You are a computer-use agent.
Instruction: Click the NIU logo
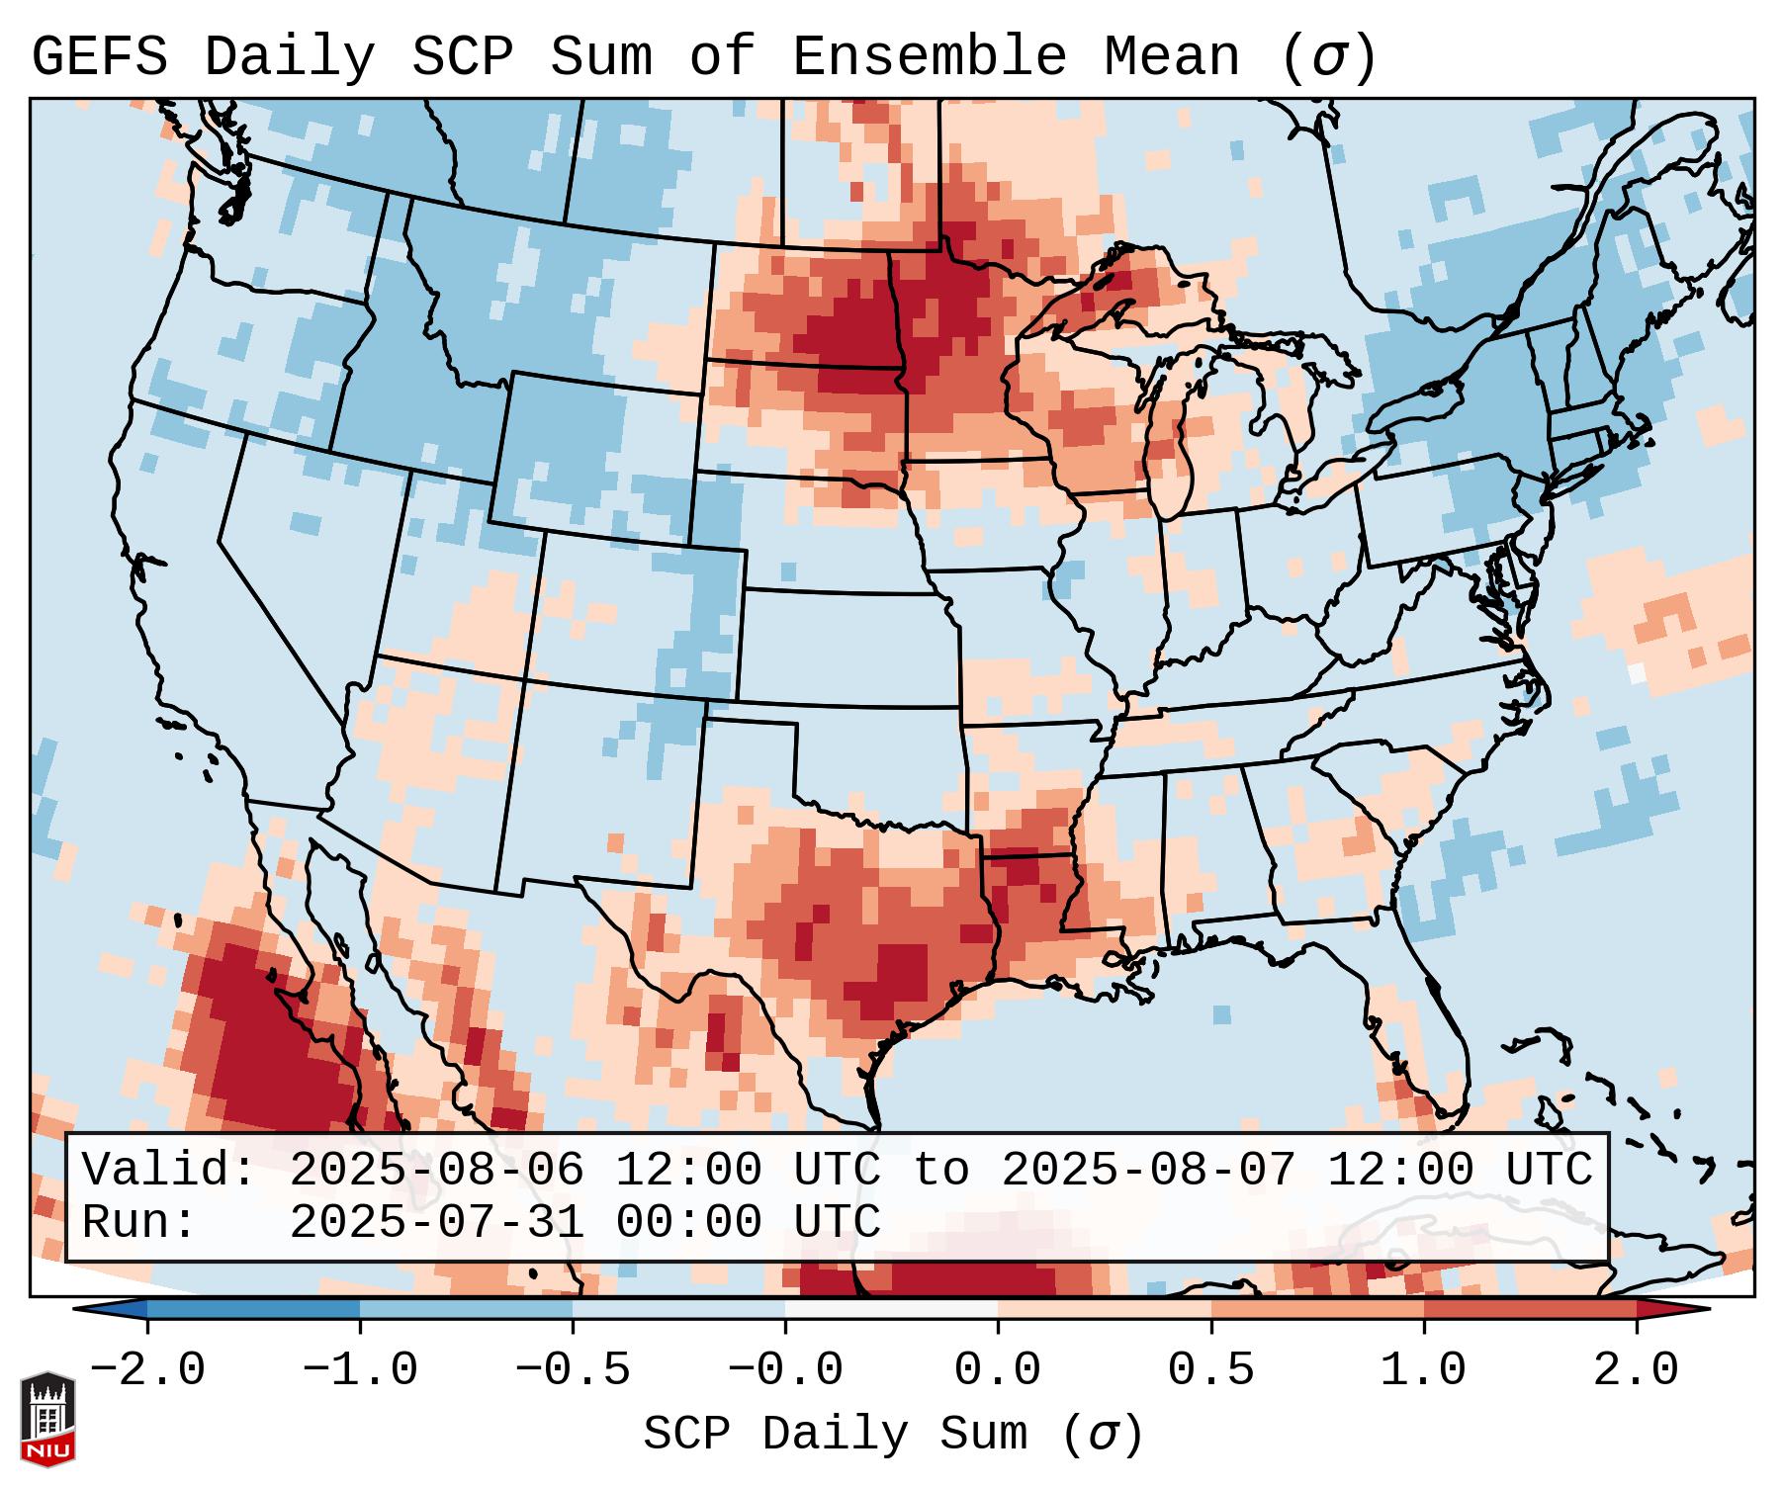(x=47, y=1418)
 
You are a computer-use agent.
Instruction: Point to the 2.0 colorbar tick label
(x=1637, y=1370)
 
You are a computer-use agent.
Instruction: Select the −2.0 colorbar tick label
(x=147, y=1370)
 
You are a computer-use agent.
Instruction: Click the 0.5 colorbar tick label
(x=1210, y=1370)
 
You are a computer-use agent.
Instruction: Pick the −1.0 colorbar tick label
(x=360, y=1370)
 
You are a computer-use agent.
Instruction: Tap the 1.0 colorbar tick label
(x=1423, y=1370)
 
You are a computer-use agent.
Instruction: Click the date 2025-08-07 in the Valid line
(x=1148, y=1170)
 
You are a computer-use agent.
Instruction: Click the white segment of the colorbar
(x=891, y=1308)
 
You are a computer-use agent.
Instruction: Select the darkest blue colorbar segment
(x=253, y=1308)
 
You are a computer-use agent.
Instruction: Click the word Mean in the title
(x=1171, y=57)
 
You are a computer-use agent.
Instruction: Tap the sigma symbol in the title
(x=1328, y=59)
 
